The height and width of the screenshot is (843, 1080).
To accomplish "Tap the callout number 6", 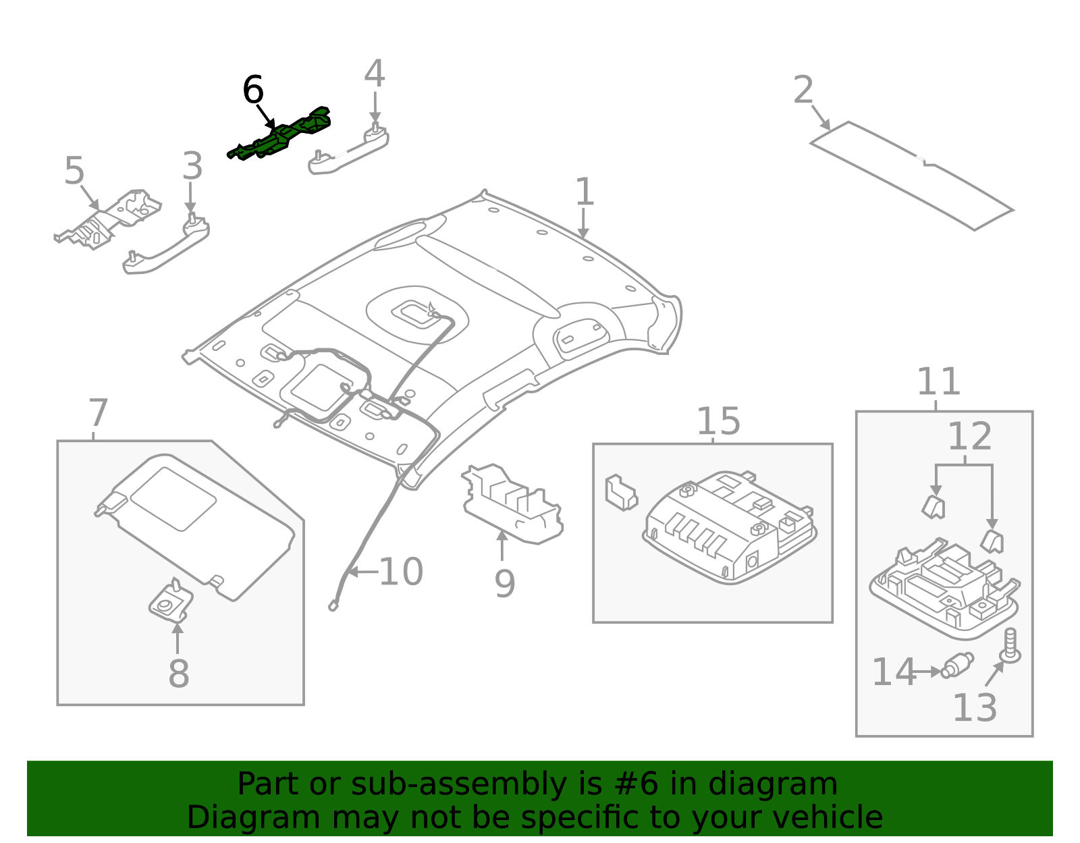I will pyautogui.click(x=252, y=90).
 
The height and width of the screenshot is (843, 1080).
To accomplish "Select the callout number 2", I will pyautogui.click(x=803, y=90).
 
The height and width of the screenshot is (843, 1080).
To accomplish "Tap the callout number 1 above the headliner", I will pyautogui.click(x=584, y=192).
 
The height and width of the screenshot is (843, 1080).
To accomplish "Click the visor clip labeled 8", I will pyautogui.click(x=171, y=602).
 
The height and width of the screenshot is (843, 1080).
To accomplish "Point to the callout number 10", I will pyautogui.click(x=401, y=572).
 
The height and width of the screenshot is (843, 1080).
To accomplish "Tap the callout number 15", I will pyautogui.click(x=718, y=421).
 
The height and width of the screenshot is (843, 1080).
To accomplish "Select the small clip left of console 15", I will pyautogui.click(x=620, y=493).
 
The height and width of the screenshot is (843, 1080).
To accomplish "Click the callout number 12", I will pyautogui.click(x=969, y=437).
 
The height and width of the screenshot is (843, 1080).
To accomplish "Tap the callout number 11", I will pyautogui.click(x=938, y=382).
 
